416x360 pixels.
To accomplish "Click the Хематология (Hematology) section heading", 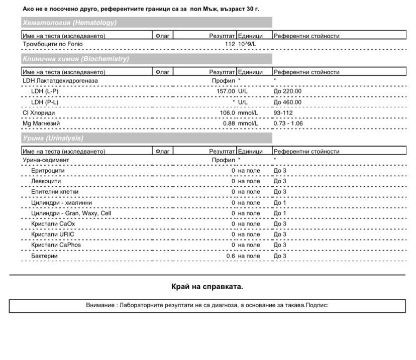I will [x=70, y=23].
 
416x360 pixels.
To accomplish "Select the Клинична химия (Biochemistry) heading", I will [x=76, y=59].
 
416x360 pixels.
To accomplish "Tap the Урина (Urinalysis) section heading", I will [x=53, y=138].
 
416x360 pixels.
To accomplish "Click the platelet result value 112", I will [x=230, y=44].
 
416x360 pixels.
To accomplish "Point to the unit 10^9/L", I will [x=247, y=44].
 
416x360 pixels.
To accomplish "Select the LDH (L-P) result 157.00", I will [x=226, y=91].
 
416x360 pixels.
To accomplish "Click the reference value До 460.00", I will [x=288, y=102].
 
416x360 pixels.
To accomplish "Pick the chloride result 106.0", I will [x=228, y=113].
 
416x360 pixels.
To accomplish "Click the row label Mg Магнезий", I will [x=41, y=124].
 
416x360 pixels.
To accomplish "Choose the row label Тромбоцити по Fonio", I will [x=53, y=44].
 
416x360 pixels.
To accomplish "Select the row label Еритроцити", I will [x=48, y=171].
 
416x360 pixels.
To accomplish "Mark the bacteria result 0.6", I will [x=231, y=256].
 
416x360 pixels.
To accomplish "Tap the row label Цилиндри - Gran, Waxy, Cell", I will [x=71, y=213].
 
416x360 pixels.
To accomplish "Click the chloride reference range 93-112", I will [x=283, y=113].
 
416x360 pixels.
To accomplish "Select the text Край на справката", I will [x=207, y=287].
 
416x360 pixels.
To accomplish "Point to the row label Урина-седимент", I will [x=46, y=160].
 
